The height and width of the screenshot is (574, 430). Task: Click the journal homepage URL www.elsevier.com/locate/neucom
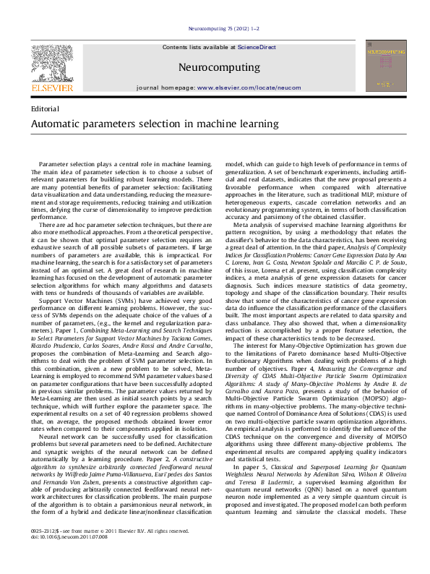(x=249, y=87)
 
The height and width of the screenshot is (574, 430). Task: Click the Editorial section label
(x=46, y=108)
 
